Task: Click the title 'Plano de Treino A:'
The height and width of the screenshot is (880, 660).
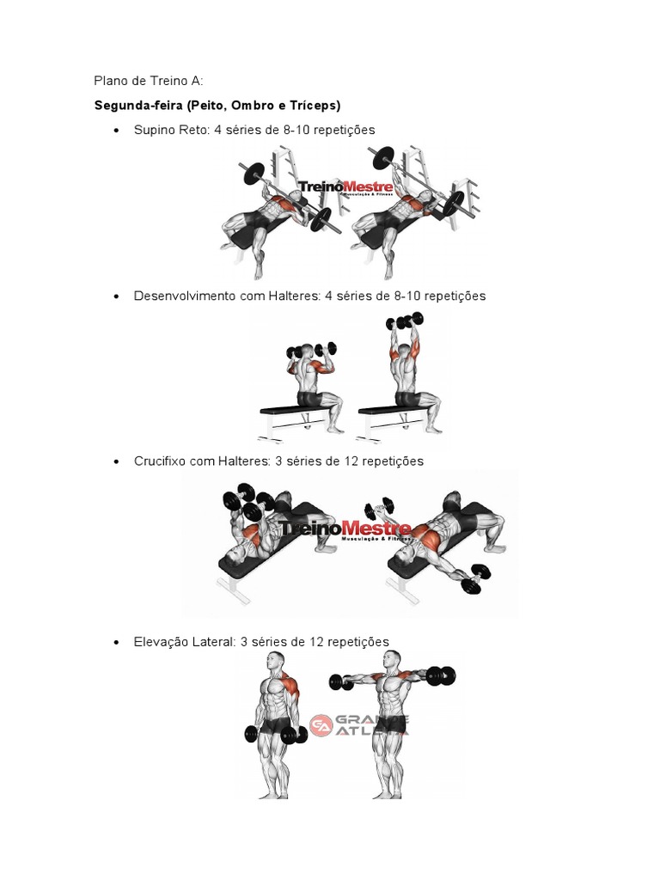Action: [148, 81]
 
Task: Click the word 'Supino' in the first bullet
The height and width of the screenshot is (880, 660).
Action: [153, 130]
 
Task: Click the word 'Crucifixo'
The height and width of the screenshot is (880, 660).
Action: [160, 461]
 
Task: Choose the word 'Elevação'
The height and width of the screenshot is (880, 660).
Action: [160, 642]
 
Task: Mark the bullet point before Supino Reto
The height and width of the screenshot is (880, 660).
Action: [116, 131]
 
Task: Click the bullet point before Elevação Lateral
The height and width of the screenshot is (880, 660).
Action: [116, 643]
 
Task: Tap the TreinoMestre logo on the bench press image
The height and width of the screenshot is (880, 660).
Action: [345, 187]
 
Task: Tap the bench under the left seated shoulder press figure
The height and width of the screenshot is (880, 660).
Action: [296, 411]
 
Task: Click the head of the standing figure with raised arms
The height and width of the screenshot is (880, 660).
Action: [391, 662]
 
